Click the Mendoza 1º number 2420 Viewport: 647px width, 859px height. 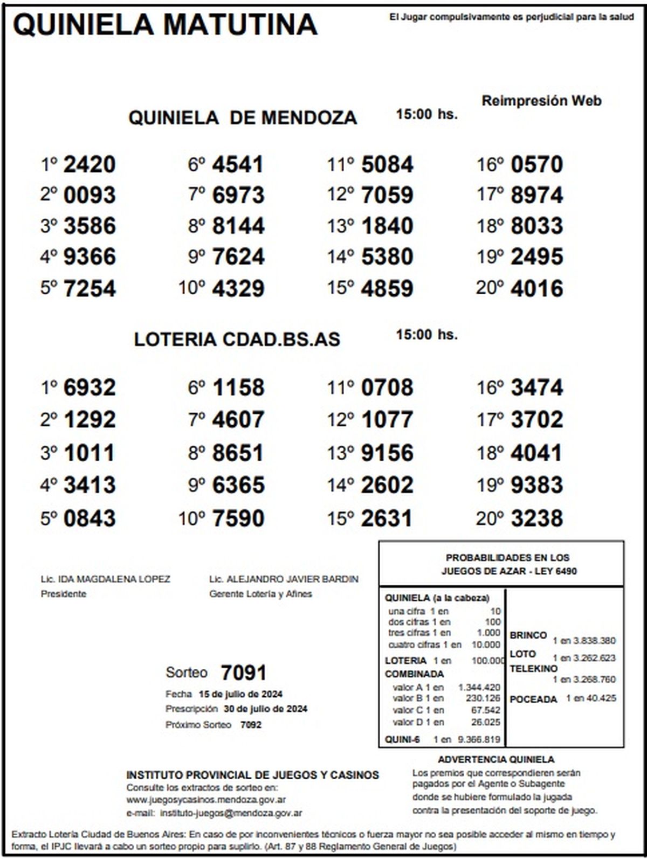tap(90, 164)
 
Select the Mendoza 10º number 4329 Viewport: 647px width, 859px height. tap(238, 288)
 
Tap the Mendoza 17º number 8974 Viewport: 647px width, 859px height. tap(536, 195)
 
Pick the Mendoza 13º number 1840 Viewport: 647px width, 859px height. tap(387, 226)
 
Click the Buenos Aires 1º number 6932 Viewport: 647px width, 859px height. tap(90, 387)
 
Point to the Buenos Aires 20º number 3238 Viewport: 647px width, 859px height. tap(536, 518)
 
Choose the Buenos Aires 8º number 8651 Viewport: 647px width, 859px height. tap(238, 453)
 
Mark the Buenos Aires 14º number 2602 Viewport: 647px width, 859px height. tap(387, 486)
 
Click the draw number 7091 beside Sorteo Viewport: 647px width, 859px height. tap(244, 673)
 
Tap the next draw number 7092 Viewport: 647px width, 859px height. tap(251, 725)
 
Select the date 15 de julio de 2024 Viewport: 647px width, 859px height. tap(240, 694)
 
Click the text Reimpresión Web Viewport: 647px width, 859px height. tap(541, 101)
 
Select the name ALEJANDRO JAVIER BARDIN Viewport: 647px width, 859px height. tap(291, 579)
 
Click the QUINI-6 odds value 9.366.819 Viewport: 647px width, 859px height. tap(479, 739)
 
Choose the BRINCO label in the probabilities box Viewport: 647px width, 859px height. tap(528, 635)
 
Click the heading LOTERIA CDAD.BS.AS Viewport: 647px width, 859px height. tap(237, 340)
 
